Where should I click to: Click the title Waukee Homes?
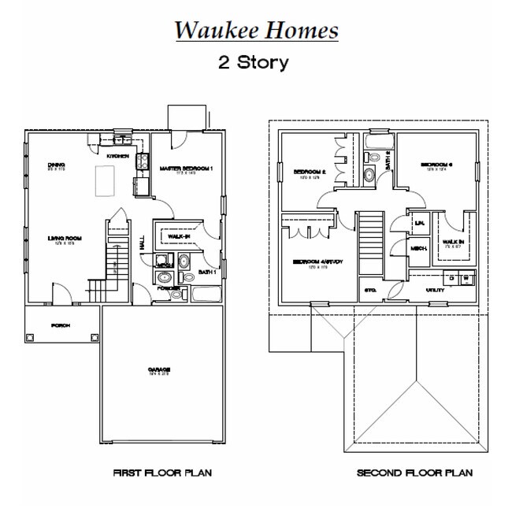(x=256, y=30)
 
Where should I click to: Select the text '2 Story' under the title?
(x=253, y=62)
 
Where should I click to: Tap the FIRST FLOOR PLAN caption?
(x=162, y=473)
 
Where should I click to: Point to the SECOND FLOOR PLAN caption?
(x=414, y=473)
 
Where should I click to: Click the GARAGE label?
(x=161, y=369)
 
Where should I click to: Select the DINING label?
(x=56, y=165)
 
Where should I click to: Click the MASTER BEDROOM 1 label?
(x=186, y=169)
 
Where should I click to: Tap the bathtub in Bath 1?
(x=207, y=295)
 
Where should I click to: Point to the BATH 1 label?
(x=207, y=272)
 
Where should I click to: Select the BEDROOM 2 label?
(x=308, y=172)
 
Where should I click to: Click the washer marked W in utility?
(x=466, y=278)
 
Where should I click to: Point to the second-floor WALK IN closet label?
(x=452, y=242)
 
